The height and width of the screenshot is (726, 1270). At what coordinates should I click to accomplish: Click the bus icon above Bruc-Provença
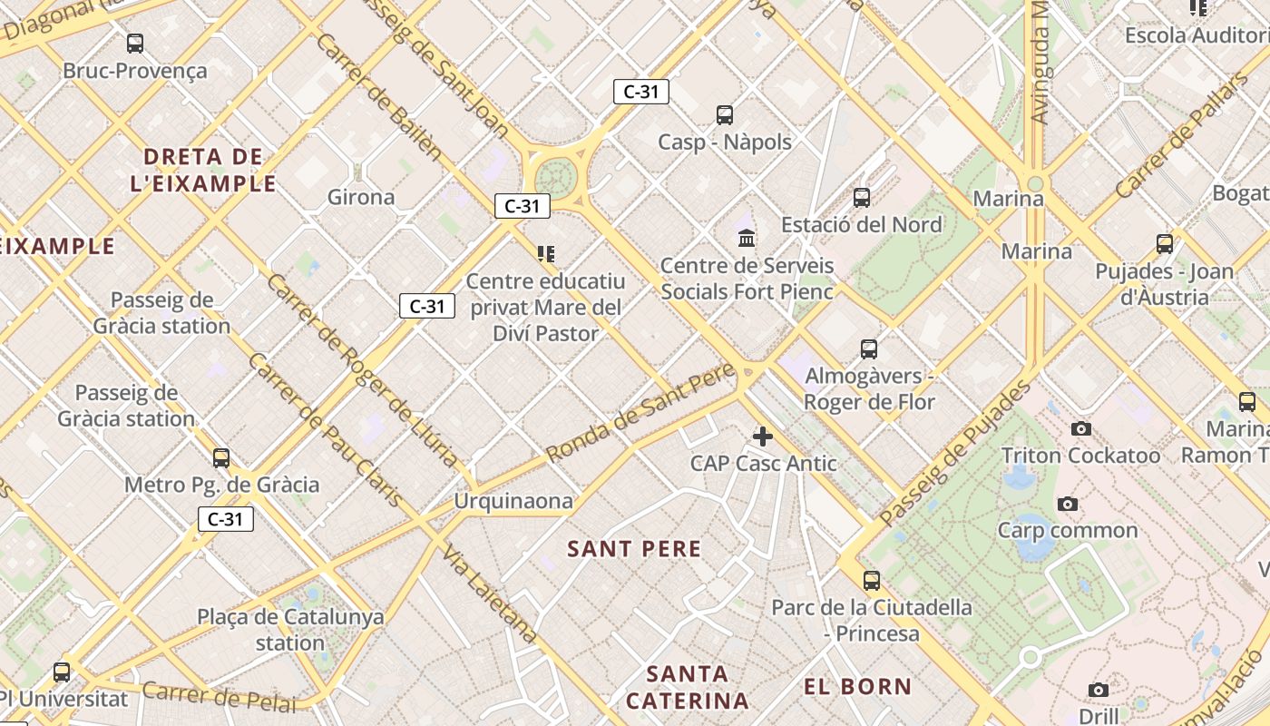tap(135, 43)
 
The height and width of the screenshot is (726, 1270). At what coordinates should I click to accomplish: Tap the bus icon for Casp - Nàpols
tap(724, 115)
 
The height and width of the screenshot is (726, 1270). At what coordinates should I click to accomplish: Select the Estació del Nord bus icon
tap(862, 197)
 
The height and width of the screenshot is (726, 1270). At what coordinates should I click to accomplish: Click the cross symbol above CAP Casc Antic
tap(763, 437)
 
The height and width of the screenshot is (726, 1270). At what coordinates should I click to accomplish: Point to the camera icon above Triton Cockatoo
tap(1080, 428)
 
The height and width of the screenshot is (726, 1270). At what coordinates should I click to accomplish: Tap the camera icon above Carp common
tap(1068, 504)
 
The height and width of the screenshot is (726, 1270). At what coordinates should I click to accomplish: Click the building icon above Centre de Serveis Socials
tap(747, 239)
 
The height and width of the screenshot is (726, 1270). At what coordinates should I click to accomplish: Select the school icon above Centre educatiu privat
tap(545, 254)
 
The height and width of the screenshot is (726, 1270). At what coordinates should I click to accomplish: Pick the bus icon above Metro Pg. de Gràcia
tap(220, 458)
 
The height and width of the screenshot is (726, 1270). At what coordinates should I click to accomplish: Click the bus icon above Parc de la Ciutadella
tap(872, 581)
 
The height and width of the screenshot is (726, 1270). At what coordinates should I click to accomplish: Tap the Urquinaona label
tap(513, 501)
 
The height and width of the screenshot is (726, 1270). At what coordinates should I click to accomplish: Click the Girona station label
tap(361, 197)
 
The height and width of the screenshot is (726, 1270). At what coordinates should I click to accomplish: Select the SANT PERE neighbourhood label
tap(634, 549)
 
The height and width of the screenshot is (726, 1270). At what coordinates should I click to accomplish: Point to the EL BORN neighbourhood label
tap(857, 687)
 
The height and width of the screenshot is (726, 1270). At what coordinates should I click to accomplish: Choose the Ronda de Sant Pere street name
tap(641, 411)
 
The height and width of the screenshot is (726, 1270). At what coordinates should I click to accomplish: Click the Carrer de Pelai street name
tap(219, 697)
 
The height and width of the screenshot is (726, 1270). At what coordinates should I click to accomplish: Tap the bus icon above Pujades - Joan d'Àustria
tap(1165, 244)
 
